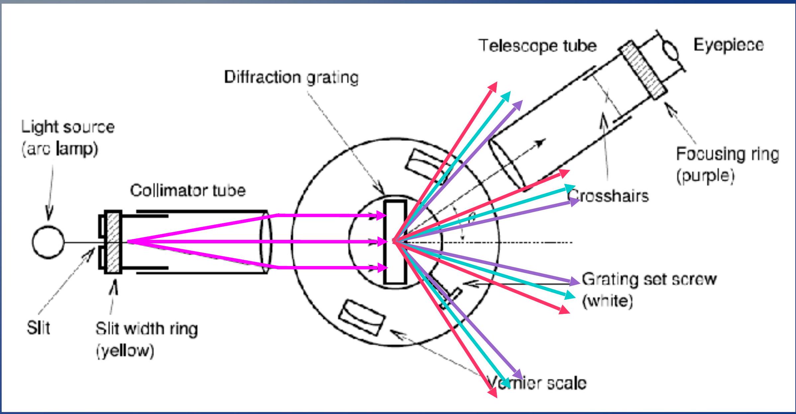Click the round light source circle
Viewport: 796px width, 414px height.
click(48, 242)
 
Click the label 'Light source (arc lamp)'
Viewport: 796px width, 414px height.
click(68, 138)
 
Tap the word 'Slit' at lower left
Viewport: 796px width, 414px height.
click(38, 328)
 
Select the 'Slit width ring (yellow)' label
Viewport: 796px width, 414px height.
click(146, 339)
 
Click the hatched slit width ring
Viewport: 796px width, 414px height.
click(113, 242)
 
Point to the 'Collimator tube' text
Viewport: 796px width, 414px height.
click(188, 190)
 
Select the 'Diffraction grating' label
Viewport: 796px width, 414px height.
click(291, 77)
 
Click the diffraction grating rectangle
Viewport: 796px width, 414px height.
click(395, 242)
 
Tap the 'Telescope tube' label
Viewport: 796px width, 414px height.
click(538, 46)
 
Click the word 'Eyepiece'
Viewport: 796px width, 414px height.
click(728, 45)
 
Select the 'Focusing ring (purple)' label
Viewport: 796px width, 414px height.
click(727, 165)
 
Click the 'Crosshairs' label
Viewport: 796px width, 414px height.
click(609, 196)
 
